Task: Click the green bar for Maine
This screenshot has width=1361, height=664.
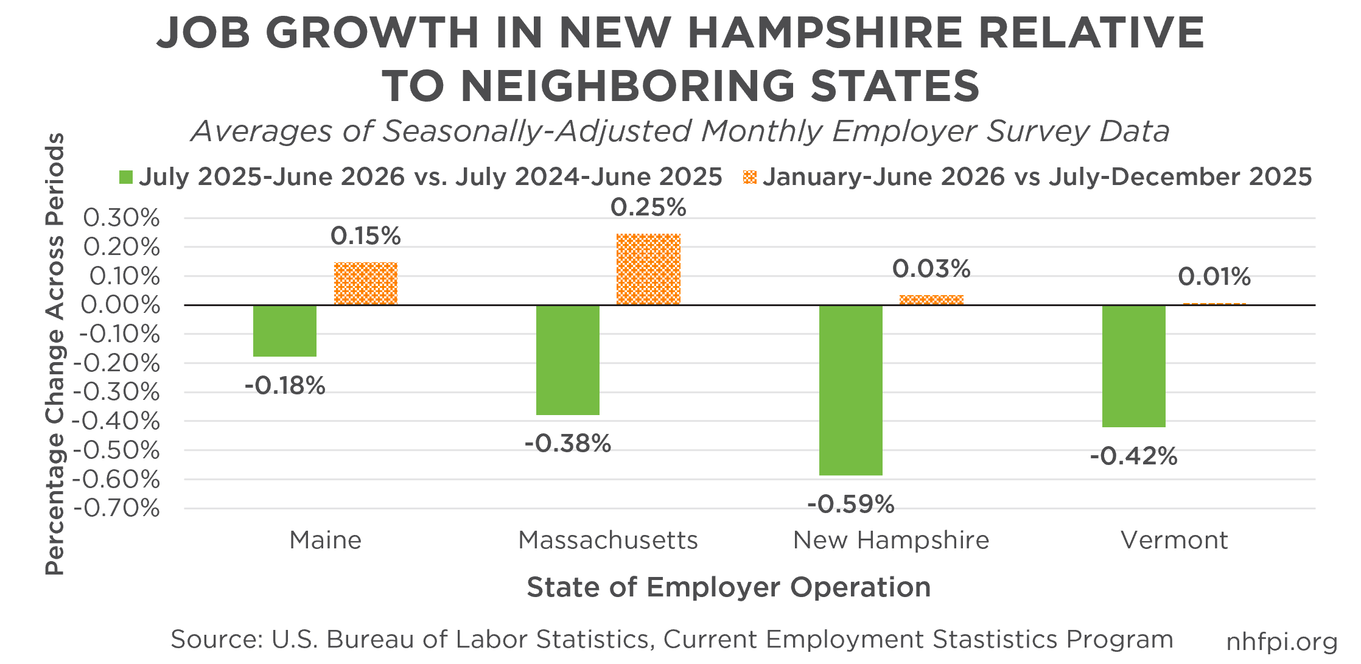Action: click(285, 330)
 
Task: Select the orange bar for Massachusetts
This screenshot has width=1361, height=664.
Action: click(648, 269)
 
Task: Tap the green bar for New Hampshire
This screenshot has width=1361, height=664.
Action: click(851, 390)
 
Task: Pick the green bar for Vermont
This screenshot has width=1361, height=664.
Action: click(1134, 366)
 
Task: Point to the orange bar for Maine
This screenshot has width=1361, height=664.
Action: click(366, 284)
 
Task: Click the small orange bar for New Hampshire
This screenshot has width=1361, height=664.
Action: click(931, 300)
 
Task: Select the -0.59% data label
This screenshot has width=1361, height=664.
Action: click(851, 505)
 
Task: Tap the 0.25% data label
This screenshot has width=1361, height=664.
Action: click(648, 208)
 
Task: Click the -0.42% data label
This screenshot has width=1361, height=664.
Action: click(1133, 456)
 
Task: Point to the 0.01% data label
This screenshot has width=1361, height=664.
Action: click(1214, 277)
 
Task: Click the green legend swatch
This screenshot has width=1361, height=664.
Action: click(126, 178)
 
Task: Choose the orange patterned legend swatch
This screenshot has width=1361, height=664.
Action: click(750, 178)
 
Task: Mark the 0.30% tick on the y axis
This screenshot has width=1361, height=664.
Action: click(122, 218)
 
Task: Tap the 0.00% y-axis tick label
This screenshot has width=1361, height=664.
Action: click(121, 305)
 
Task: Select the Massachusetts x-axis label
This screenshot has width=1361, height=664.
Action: click(608, 540)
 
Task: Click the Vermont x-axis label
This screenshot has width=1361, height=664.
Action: click(1175, 540)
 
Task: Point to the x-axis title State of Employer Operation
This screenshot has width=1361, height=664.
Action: click(729, 587)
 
